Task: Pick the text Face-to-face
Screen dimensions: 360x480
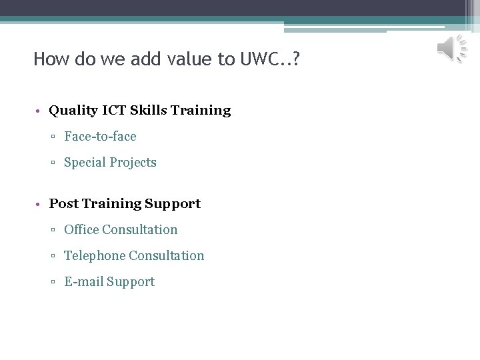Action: pyautogui.click(x=100, y=137)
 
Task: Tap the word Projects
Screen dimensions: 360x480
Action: pyautogui.click(x=134, y=163)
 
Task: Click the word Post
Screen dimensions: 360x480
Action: pyautogui.click(x=64, y=204)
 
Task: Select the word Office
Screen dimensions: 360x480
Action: pyautogui.click(x=81, y=230)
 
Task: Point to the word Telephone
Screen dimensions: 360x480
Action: pyautogui.click(x=94, y=256)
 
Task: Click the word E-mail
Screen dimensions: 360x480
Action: pyautogui.click(x=83, y=282)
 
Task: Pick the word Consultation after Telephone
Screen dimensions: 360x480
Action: pyautogui.click(x=166, y=256)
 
